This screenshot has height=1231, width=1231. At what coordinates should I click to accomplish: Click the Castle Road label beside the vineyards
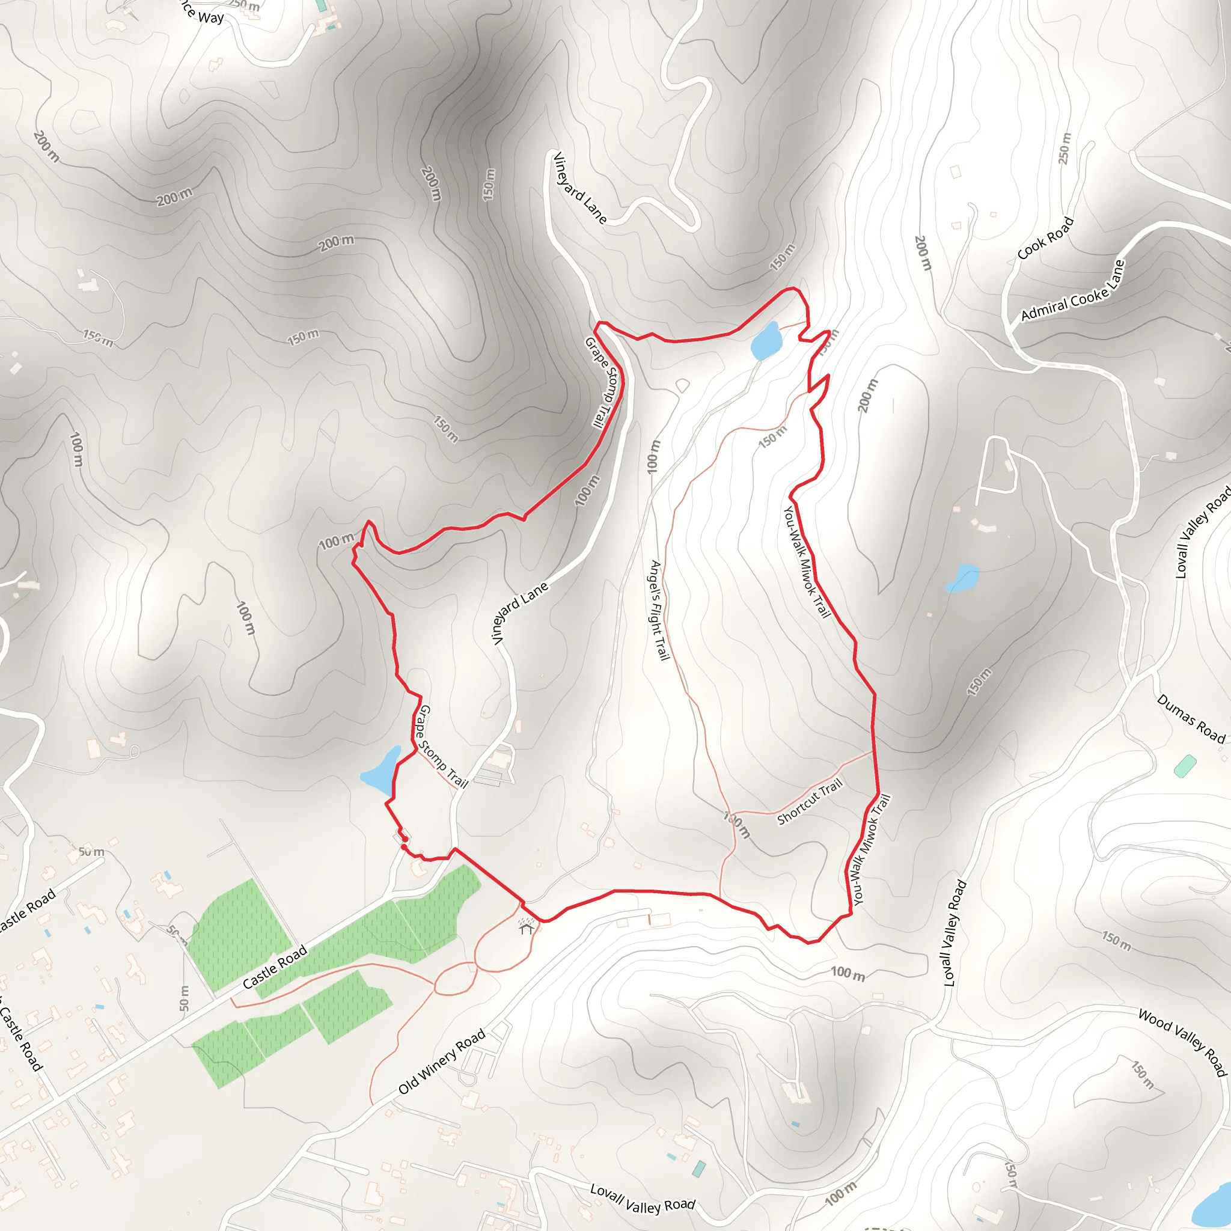[275, 967]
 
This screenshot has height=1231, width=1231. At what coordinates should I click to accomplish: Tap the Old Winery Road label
[442, 1061]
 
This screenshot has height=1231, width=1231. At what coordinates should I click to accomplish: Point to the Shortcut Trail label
[809, 802]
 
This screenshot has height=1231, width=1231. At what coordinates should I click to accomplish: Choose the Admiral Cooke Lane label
[1073, 291]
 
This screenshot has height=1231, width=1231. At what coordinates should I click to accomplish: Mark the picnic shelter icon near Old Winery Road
[526, 926]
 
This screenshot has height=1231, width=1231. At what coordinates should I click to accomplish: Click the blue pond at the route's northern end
[765, 341]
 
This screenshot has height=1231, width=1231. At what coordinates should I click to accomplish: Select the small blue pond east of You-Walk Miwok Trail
[963, 578]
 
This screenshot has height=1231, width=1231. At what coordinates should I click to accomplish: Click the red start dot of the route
[404, 847]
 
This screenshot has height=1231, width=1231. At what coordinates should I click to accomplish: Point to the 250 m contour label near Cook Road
[1064, 148]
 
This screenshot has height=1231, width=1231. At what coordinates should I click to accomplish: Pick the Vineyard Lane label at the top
[579, 188]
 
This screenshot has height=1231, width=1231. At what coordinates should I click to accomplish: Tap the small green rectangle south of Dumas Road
[1185, 765]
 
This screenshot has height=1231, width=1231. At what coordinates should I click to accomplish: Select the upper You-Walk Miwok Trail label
[807, 561]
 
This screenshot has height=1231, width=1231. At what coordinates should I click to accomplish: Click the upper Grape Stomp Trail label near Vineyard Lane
[602, 382]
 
